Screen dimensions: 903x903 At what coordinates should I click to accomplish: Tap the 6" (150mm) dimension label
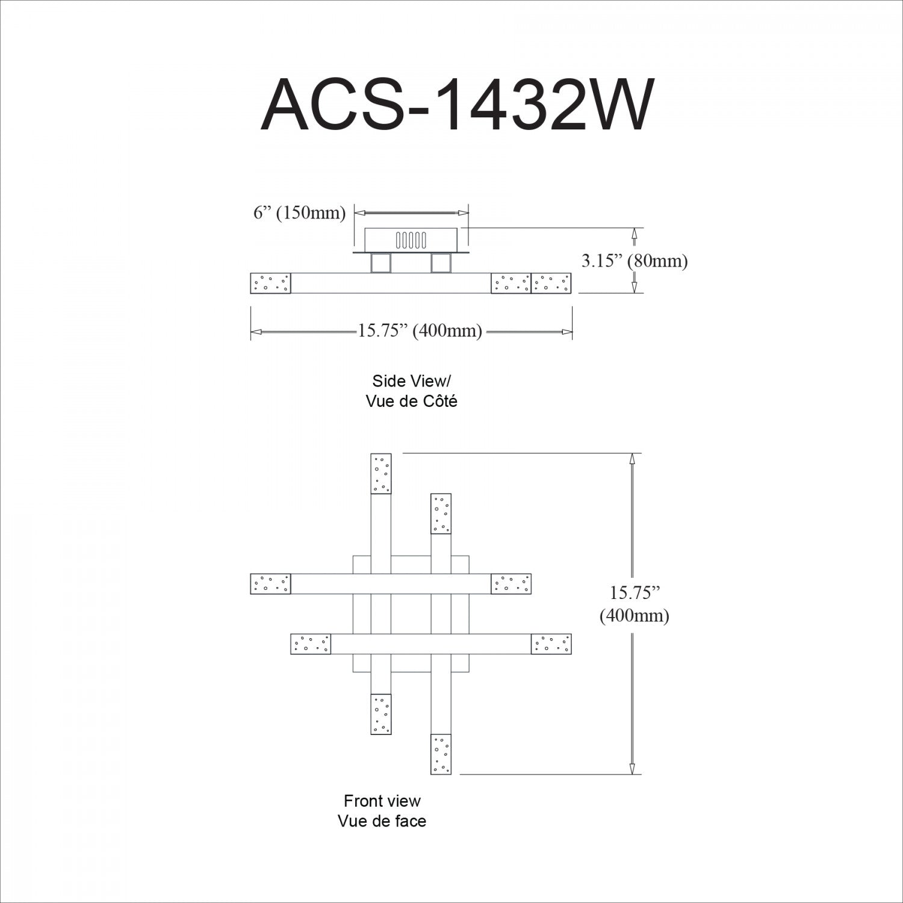point(299,213)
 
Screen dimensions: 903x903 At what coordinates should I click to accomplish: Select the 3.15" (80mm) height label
point(635,261)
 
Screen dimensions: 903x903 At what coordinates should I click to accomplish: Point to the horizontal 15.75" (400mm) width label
point(420,330)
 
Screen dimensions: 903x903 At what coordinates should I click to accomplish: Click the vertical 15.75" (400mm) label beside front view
point(634,604)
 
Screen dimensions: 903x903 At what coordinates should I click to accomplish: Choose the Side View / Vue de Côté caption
point(411,391)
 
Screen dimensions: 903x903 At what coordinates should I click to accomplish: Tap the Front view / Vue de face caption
point(382,811)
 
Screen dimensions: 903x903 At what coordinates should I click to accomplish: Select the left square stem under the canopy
point(380,263)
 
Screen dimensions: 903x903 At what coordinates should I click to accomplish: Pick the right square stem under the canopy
point(441,263)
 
